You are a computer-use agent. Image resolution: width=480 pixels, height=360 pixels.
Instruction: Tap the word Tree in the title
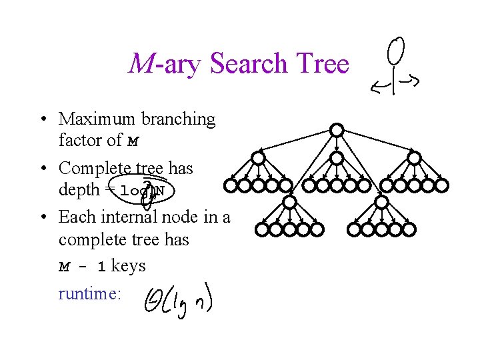point(322,64)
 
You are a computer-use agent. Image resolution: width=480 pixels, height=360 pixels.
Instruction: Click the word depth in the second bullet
point(78,190)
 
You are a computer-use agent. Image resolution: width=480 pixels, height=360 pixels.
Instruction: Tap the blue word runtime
point(89,293)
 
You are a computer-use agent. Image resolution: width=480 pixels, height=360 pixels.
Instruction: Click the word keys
point(128,266)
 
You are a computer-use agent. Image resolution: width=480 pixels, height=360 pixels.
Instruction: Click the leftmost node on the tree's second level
point(258,158)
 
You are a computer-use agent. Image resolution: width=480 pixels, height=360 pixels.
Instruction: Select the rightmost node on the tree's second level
point(415,158)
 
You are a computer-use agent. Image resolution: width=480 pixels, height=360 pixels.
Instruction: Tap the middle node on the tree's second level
point(337,158)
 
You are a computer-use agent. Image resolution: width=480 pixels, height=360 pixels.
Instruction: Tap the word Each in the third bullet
point(75,217)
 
